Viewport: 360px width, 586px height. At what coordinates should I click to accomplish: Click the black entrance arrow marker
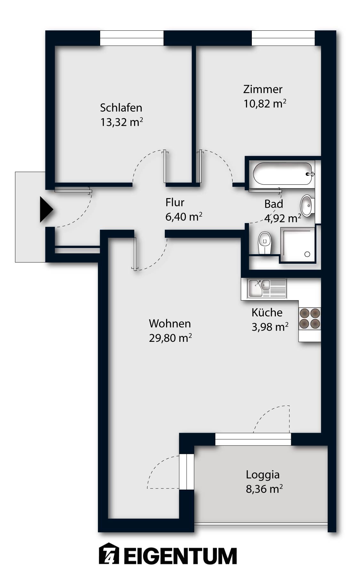tap(46, 210)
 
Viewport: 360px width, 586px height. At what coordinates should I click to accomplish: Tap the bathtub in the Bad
tap(282, 174)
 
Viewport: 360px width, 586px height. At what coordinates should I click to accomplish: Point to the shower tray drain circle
tap(307, 254)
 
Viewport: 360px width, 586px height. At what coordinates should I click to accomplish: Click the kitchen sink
tap(256, 288)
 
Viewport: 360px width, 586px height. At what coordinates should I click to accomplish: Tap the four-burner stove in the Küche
tap(309, 319)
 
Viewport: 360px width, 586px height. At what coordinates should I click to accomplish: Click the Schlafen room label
tap(121, 108)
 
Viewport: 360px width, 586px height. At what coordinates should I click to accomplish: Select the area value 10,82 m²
tap(265, 104)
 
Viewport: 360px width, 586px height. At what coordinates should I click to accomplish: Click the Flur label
tap(175, 203)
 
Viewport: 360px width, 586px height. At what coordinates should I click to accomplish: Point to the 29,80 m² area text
tap(170, 338)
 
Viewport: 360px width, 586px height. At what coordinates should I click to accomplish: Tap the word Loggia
tap(262, 475)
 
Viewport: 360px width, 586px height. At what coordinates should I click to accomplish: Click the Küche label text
tap(267, 312)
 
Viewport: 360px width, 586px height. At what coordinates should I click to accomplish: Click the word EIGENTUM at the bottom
tap(180, 556)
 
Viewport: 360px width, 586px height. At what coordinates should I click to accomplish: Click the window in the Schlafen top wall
tap(132, 38)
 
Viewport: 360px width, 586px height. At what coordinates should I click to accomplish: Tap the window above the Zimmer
tap(283, 38)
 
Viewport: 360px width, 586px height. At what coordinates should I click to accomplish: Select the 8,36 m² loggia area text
tap(264, 489)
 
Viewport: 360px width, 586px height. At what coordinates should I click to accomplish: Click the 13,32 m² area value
tap(121, 122)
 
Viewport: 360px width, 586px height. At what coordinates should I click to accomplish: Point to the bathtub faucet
tap(310, 174)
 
